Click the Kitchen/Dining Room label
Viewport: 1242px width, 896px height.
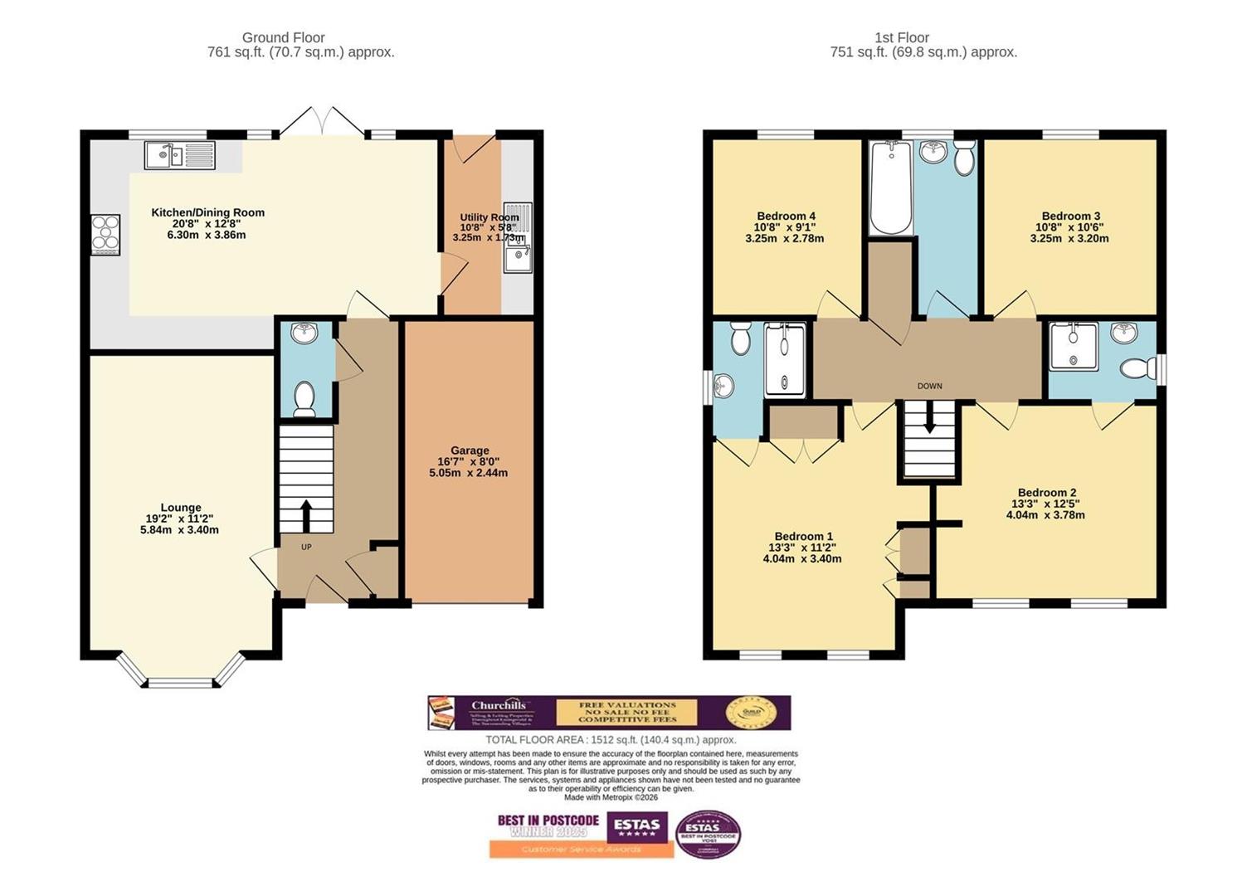click(207, 212)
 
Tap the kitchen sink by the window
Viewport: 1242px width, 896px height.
click(179, 155)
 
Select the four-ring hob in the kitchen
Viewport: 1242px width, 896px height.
click(105, 234)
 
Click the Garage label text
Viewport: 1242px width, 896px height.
click(470, 450)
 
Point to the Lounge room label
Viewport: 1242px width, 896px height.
click(181, 508)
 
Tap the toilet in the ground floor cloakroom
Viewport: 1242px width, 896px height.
click(304, 397)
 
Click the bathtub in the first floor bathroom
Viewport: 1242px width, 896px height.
click(890, 189)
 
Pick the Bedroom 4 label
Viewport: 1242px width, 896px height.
click(786, 217)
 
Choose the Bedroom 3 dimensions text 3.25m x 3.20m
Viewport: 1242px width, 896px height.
click(1069, 238)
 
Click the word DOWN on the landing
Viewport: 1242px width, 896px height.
click(929, 386)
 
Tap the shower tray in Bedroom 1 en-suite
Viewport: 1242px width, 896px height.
click(784, 360)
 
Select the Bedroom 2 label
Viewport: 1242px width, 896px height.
click(1047, 493)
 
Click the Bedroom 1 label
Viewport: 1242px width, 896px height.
click(803, 537)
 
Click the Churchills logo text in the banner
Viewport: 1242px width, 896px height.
click(499, 706)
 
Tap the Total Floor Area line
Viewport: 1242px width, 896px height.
click(611, 740)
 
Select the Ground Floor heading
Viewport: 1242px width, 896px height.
click(283, 37)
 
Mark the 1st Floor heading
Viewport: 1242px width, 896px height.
click(902, 37)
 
